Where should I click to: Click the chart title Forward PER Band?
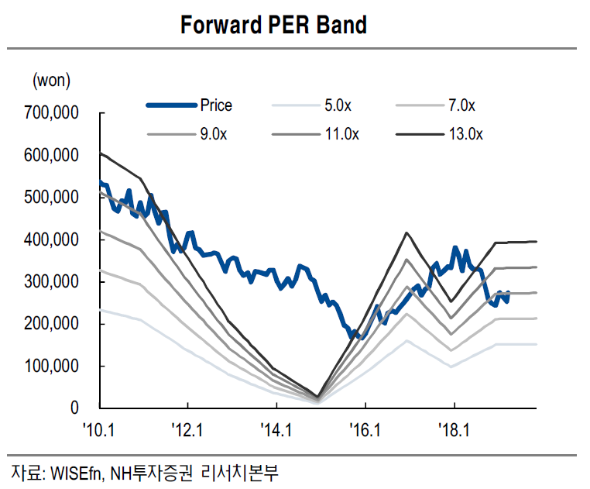pyautogui.click(x=273, y=25)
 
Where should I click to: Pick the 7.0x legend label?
pyautogui.click(x=462, y=105)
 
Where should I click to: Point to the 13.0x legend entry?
pyautogui.click(x=465, y=134)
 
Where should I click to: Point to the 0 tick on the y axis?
pyautogui.click(x=74, y=408)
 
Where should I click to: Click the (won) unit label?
pyautogui.click(x=51, y=79)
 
